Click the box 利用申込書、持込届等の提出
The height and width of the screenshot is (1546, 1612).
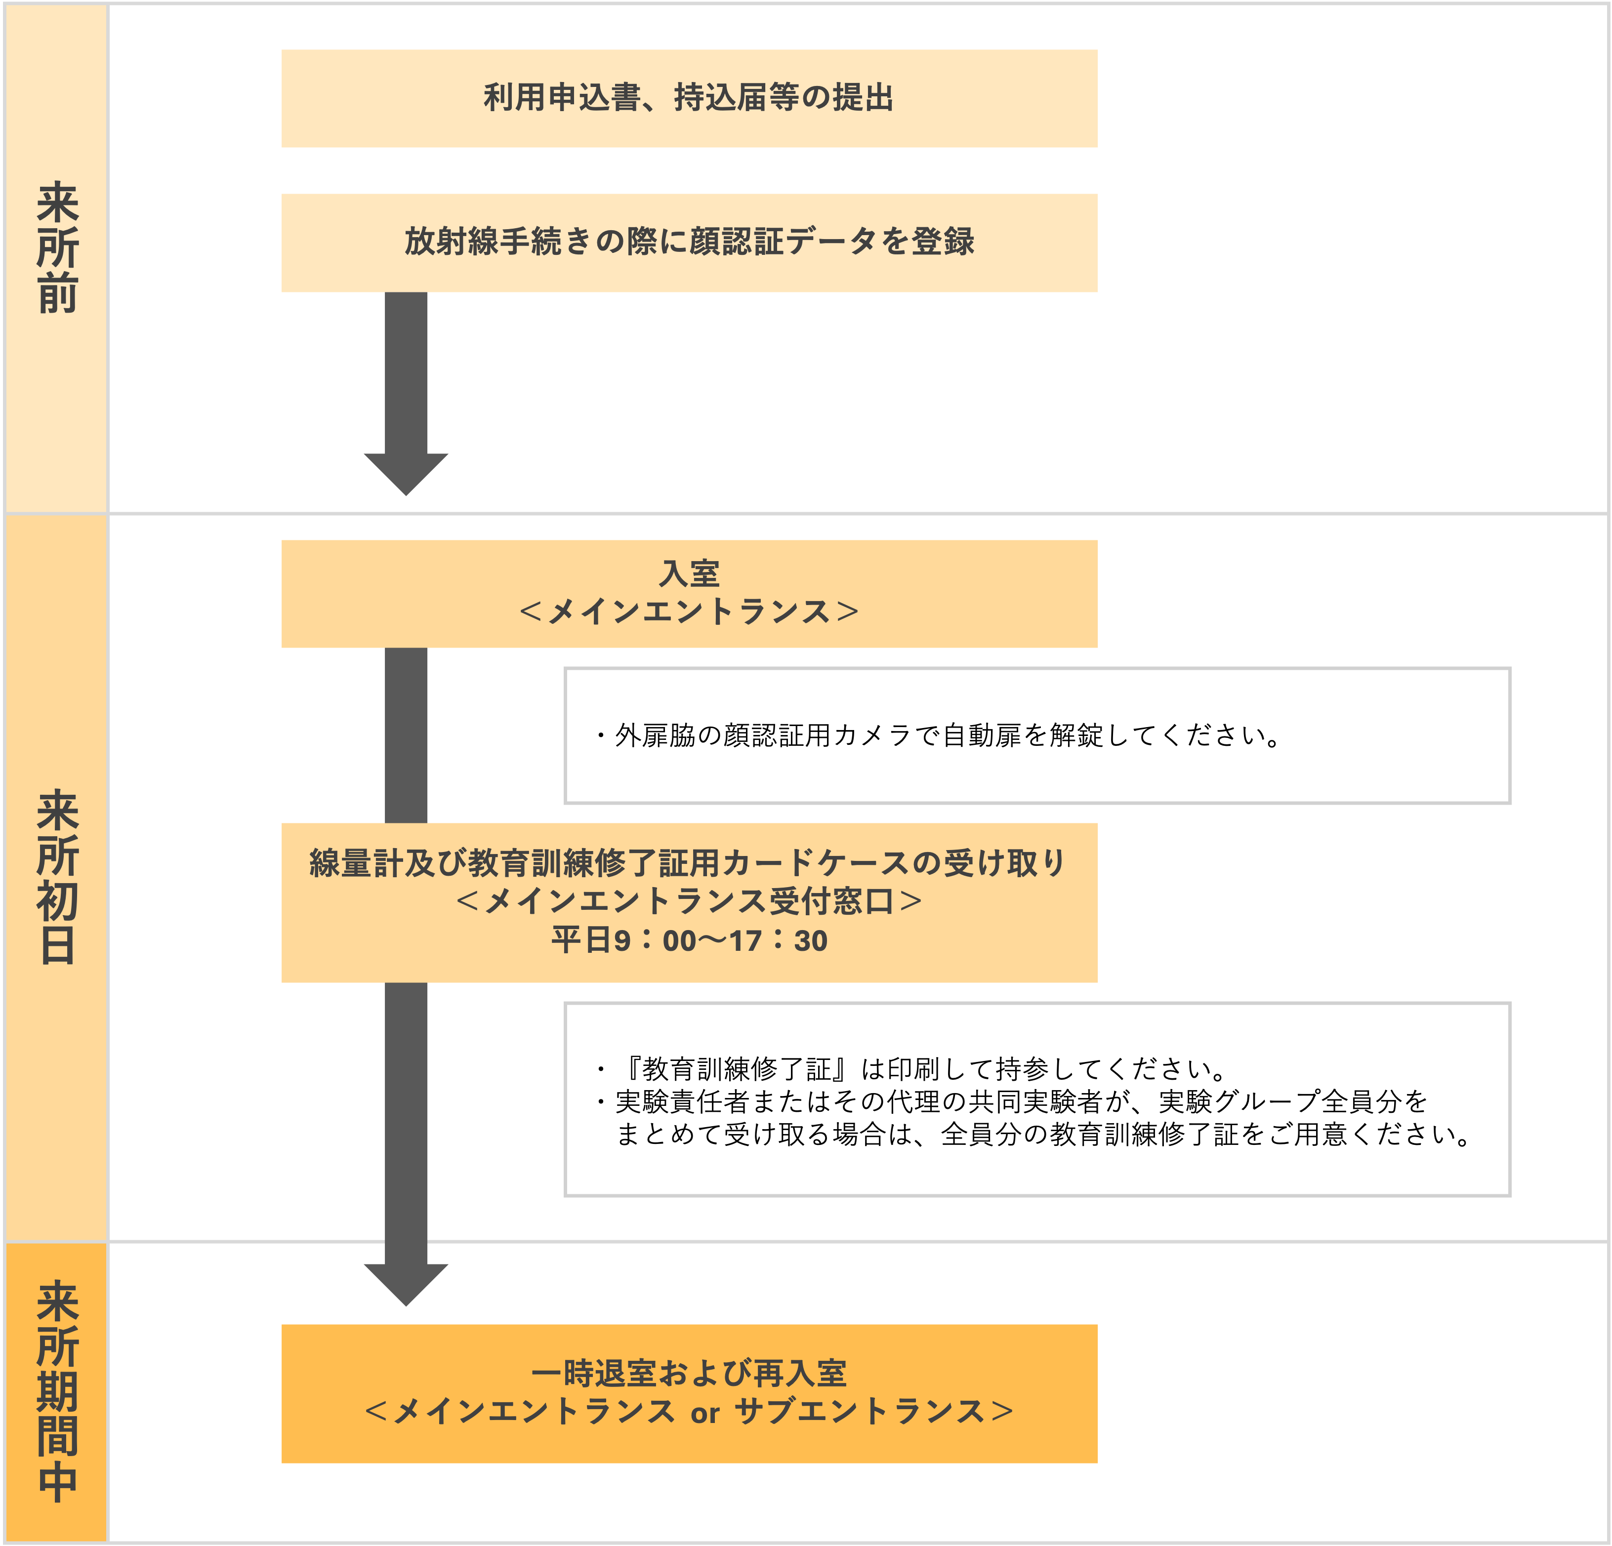[x=689, y=99]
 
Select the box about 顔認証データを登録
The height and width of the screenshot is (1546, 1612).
[x=689, y=243]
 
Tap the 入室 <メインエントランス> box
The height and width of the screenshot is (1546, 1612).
[x=689, y=593]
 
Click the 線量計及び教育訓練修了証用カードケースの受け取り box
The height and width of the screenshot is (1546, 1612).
[x=689, y=902]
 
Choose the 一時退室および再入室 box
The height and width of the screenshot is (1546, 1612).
[x=689, y=1393]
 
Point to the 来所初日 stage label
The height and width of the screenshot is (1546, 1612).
[x=57, y=877]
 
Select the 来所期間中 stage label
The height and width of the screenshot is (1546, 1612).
[x=57, y=1391]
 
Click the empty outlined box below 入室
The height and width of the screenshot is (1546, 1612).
[x=1037, y=735]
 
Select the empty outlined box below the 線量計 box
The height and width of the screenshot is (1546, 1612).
[x=1037, y=1098]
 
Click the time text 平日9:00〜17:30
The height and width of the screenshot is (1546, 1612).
[x=689, y=940]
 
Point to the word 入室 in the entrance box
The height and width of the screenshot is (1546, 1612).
[x=689, y=573]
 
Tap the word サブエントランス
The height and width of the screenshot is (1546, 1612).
[x=860, y=1412]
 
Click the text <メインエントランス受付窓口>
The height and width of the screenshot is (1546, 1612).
[x=689, y=901]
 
